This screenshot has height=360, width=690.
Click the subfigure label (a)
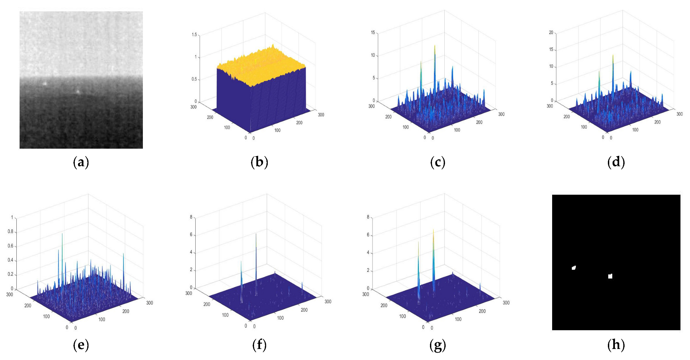[x=81, y=162]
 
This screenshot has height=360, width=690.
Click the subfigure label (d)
[x=616, y=162]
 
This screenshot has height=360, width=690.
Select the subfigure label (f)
[x=259, y=345]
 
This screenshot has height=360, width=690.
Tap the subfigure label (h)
[x=616, y=345]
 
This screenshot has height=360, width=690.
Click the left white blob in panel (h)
[x=574, y=268]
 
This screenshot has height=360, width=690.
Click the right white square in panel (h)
[x=610, y=276]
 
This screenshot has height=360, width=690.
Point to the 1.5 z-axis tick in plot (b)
[x=194, y=35]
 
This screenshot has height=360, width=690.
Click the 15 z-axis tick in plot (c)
[x=373, y=32]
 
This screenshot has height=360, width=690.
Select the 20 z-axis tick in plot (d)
[x=551, y=32]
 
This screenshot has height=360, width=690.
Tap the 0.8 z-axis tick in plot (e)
[x=10, y=232]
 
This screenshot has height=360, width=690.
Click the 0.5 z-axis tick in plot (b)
[x=194, y=79]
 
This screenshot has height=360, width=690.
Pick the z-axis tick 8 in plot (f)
[x=191, y=217]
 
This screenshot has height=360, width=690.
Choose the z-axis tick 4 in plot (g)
[x=368, y=253]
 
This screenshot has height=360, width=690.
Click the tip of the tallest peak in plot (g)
[x=433, y=230]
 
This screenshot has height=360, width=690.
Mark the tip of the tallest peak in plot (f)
[x=256, y=234]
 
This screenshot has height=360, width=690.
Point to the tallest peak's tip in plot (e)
[x=62, y=234]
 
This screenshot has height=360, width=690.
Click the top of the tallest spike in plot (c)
[x=435, y=45]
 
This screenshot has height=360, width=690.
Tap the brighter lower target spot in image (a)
[x=78, y=91]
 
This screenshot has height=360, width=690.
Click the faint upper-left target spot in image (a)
[x=45, y=83]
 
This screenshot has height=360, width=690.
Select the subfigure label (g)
[x=438, y=345]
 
